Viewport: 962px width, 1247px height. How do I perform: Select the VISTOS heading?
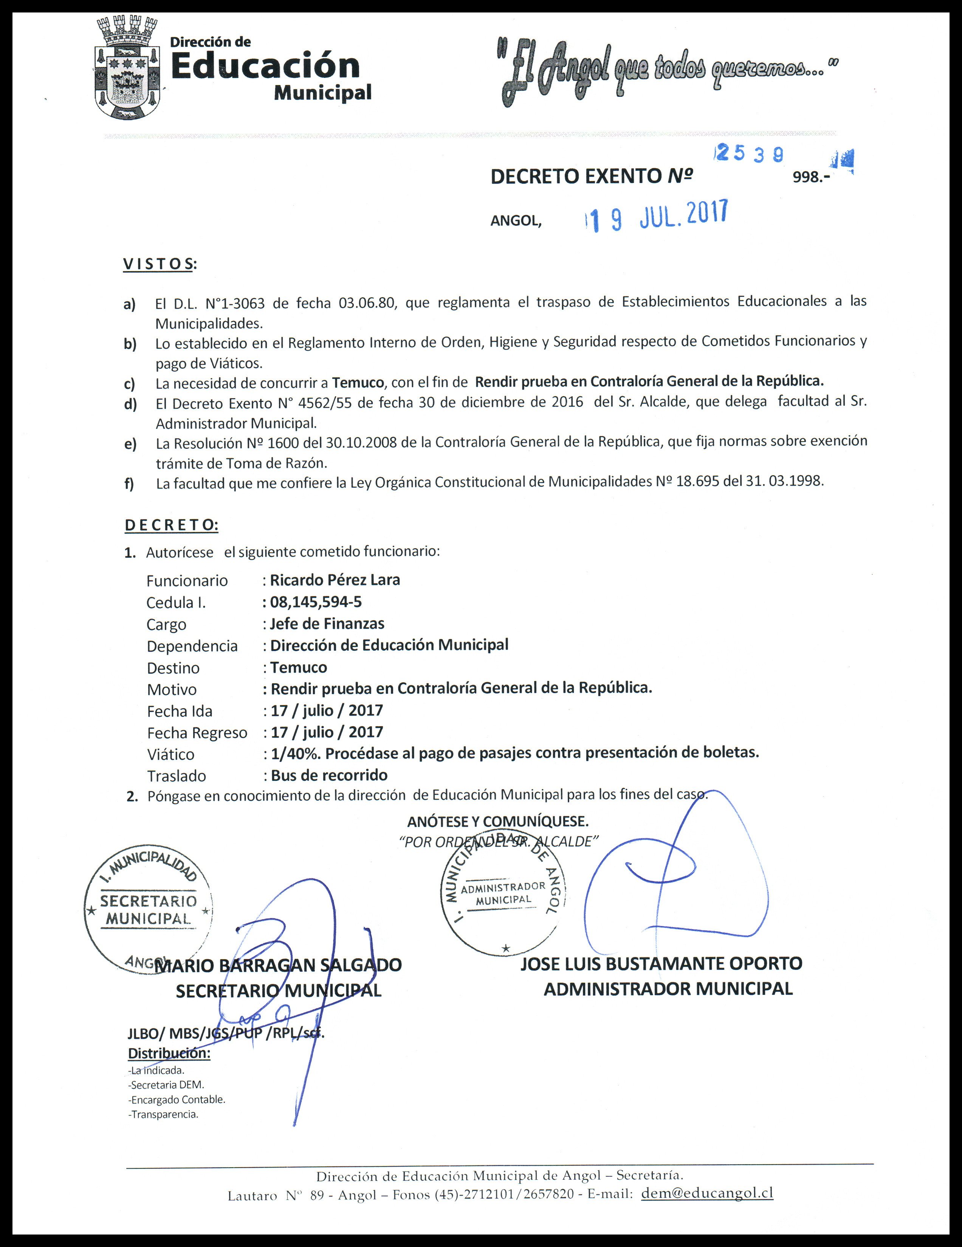(x=159, y=264)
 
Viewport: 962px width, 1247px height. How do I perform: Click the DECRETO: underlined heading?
(x=171, y=525)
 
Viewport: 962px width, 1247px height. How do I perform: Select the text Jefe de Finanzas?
(x=327, y=623)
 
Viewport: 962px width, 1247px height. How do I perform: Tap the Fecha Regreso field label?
(x=197, y=732)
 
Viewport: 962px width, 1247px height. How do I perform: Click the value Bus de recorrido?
(x=329, y=775)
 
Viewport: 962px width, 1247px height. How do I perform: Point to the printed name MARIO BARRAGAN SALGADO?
(x=278, y=965)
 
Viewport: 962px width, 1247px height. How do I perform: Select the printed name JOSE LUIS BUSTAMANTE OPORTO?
(x=661, y=963)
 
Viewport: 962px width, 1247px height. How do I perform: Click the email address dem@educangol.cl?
(x=707, y=1193)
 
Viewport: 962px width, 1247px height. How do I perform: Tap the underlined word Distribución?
(x=169, y=1053)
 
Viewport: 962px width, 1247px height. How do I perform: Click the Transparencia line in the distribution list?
(x=164, y=1114)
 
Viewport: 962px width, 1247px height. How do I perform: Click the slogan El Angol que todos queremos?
(x=668, y=71)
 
